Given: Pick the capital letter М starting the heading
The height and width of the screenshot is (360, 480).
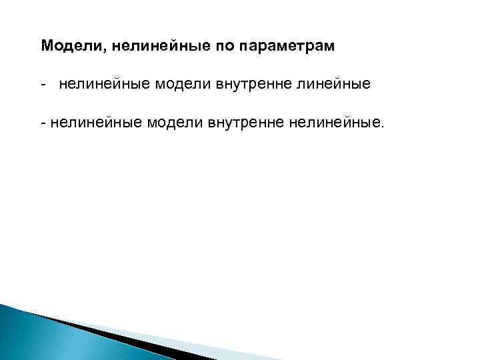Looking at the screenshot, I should click(46, 47).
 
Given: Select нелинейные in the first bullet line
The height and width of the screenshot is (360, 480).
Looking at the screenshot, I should click(105, 84).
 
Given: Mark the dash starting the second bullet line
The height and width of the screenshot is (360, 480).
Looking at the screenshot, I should click(43, 123).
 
